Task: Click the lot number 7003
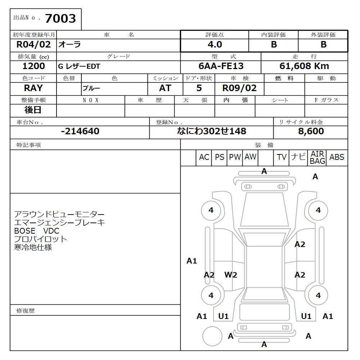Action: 60,18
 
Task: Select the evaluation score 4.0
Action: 215,45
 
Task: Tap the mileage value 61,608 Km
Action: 304,66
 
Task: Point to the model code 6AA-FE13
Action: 221,66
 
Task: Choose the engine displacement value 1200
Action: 33,66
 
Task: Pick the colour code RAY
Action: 33,88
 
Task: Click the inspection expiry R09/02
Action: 240,88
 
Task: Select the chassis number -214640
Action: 80,131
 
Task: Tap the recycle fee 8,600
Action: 311,131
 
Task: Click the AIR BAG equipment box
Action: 317,158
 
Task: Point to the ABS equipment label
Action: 337,157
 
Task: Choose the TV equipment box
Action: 282,157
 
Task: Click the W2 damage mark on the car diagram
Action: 231,275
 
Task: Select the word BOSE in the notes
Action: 24,231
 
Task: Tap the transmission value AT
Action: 165,88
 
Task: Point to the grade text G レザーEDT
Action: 79,67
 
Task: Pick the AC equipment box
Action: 204,157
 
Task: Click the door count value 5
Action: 199,88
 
